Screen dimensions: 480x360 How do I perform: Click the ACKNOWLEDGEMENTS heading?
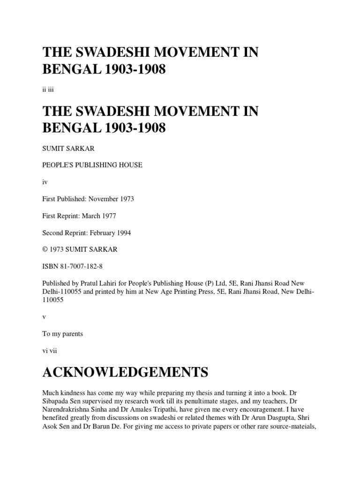125,373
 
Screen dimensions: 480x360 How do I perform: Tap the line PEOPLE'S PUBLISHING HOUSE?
92,165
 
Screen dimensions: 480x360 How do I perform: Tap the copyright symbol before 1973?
45,249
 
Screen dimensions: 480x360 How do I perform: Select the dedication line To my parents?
62,334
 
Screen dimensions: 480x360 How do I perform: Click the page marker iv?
45,182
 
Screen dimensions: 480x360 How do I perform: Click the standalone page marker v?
44,317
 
